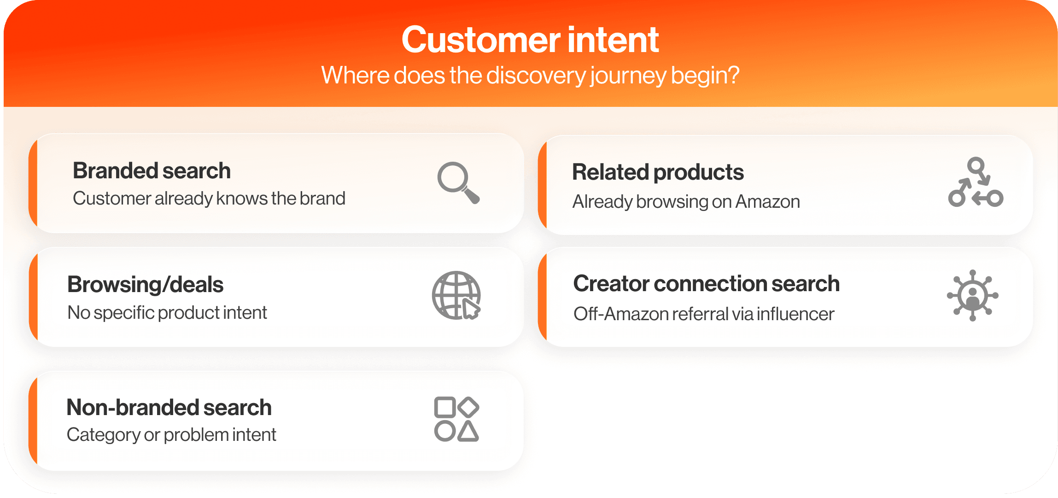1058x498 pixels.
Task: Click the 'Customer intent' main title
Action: (530, 40)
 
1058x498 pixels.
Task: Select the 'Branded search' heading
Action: (152, 171)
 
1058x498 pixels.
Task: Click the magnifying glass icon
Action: (458, 182)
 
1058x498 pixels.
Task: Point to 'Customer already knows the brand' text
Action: (209, 199)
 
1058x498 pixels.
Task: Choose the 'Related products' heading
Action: (658, 172)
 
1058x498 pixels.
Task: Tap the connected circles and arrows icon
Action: (976, 182)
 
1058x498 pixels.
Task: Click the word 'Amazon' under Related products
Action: (767, 202)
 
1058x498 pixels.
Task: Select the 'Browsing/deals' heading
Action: (145, 285)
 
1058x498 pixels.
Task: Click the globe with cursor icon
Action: (456, 295)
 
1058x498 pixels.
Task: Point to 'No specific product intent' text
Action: (167, 313)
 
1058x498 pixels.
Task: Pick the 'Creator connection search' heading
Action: (707, 284)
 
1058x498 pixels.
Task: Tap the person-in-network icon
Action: (972, 295)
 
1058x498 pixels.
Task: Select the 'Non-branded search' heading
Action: (169, 408)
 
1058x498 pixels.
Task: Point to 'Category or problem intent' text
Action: (171, 435)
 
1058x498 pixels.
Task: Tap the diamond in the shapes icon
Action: (469, 407)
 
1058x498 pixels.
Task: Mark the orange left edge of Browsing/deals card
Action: (33, 297)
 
